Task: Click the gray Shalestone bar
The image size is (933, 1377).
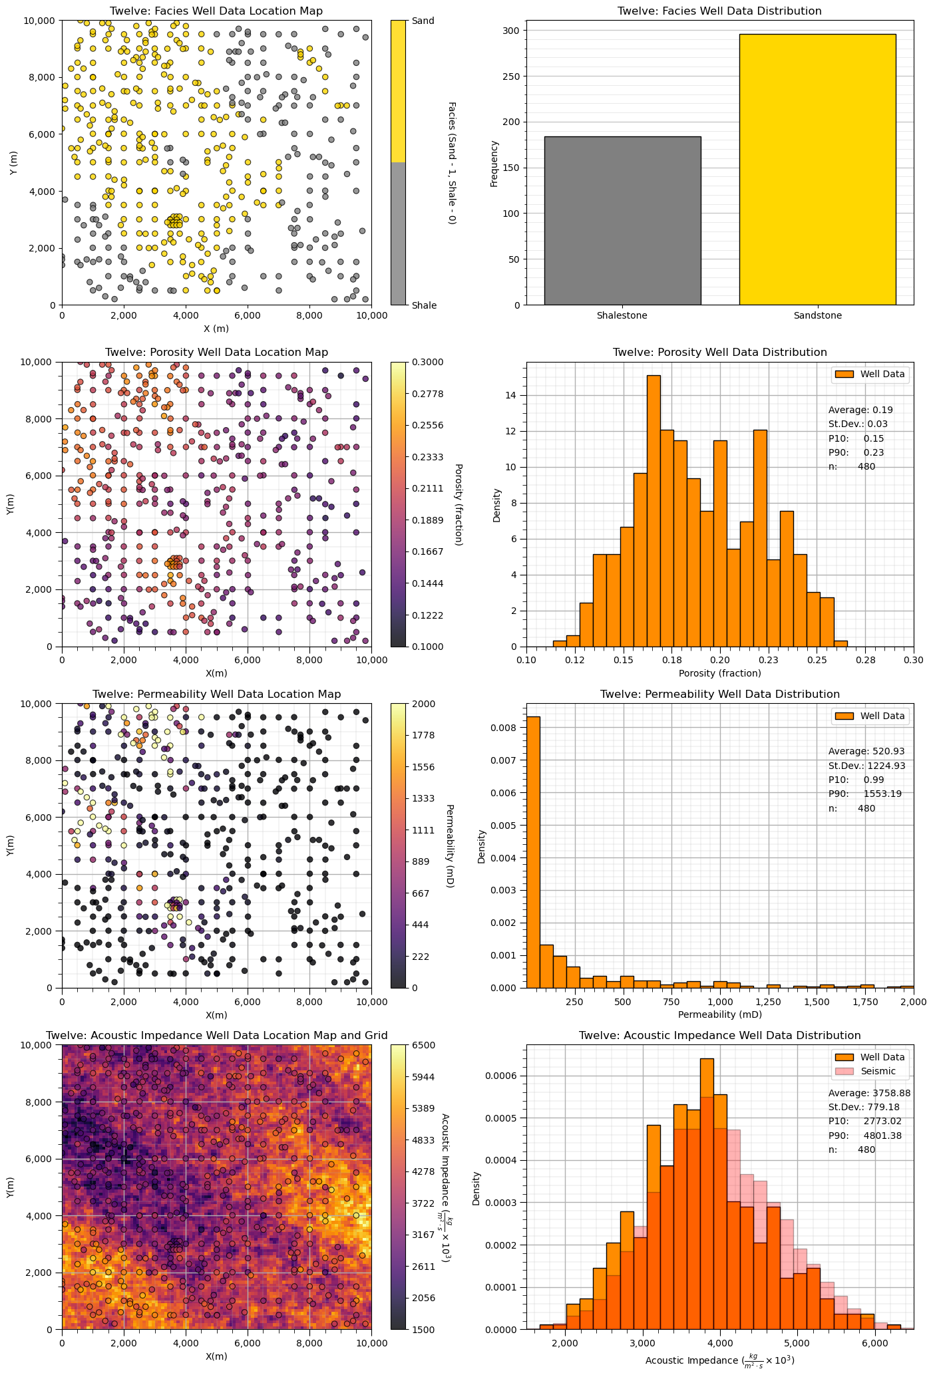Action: tap(622, 220)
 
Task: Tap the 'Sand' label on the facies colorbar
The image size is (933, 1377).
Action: tap(423, 21)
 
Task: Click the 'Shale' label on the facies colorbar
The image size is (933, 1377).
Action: tap(425, 305)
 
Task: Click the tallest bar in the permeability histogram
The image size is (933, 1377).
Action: tap(533, 852)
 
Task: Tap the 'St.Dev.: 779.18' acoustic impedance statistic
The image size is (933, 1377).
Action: tap(864, 1107)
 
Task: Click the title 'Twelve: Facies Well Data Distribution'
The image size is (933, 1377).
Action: tap(719, 11)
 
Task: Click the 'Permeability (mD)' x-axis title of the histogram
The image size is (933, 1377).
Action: tap(719, 1014)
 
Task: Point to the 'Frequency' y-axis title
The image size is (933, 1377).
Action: tap(494, 163)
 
